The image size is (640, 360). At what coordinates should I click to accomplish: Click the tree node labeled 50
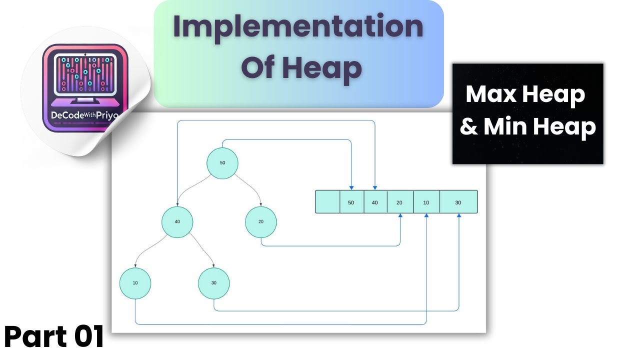[x=222, y=163]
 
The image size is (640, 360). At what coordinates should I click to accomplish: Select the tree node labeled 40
[x=177, y=221]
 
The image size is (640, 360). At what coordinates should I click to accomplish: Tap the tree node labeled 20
[x=261, y=221]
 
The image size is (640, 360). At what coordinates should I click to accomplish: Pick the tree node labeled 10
[x=135, y=283]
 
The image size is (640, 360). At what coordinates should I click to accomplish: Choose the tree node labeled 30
[x=214, y=283]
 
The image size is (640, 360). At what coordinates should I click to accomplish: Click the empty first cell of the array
[x=327, y=202]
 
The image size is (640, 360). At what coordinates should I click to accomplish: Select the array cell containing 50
[x=351, y=202]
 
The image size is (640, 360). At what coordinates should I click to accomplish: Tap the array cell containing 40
[x=375, y=202]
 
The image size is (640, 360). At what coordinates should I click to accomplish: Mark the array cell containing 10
[x=426, y=202]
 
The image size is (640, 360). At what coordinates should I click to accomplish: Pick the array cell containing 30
[x=458, y=202]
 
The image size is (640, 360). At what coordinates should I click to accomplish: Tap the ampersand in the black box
[x=468, y=127]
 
